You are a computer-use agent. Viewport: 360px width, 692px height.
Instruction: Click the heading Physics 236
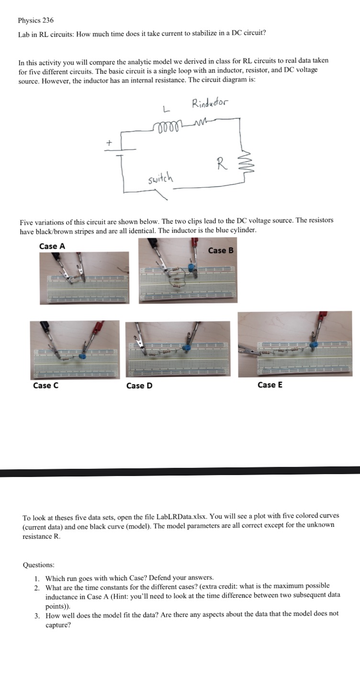click(x=35, y=20)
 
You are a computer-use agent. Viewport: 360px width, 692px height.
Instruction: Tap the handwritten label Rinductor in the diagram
click(x=210, y=103)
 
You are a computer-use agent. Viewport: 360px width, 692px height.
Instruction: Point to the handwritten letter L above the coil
click(x=165, y=111)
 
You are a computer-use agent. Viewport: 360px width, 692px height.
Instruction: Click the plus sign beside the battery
click(x=109, y=142)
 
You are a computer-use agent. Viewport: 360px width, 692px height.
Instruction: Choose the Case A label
click(x=52, y=246)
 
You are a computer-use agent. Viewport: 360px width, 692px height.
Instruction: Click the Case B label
click(x=221, y=250)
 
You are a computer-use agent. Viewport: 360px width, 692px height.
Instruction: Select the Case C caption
click(x=45, y=386)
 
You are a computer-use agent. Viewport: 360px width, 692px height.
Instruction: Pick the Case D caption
click(x=139, y=386)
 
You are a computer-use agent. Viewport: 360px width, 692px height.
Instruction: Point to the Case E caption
click(x=270, y=385)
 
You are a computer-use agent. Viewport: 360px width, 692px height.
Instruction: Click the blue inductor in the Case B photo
click(x=192, y=267)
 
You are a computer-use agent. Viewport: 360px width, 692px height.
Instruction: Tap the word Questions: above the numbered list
click(x=38, y=565)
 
